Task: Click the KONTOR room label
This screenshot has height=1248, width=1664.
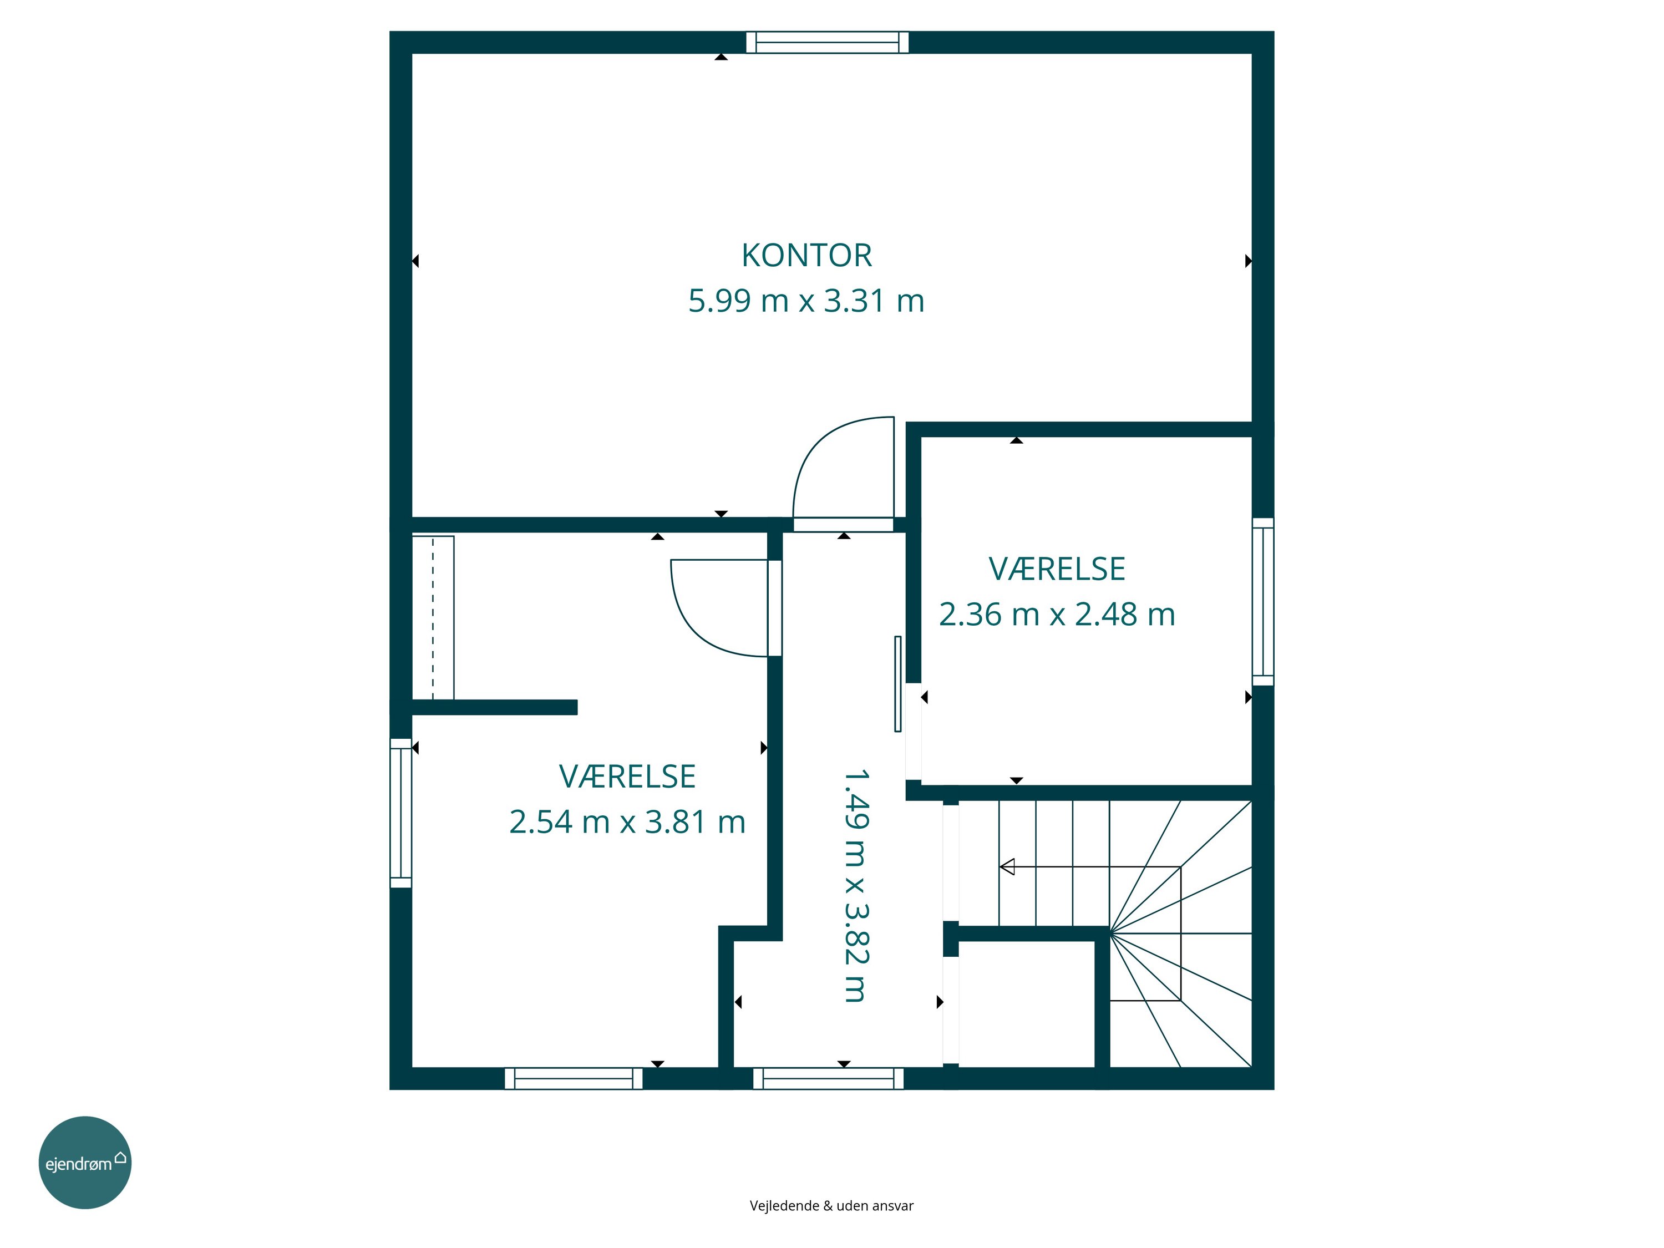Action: pyautogui.click(x=806, y=256)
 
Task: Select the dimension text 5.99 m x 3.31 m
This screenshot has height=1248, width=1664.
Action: pyautogui.click(x=806, y=301)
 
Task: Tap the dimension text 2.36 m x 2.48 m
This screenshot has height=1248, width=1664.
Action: pyautogui.click(x=1057, y=615)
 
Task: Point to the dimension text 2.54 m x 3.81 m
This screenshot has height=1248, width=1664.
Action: pyautogui.click(x=627, y=821)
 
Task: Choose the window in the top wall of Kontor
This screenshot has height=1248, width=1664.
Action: pyautogui.click(x=828, y=42)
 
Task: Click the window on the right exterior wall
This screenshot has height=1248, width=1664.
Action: pyautogui.click(x=1263, y=602)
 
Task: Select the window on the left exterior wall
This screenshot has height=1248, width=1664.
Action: pyautogui.click(x=401, y=813)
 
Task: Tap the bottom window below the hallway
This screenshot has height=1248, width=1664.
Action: pyautogui.click(x=828, y=1079)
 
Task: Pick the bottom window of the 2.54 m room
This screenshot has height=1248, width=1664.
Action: pyautogui.click(x=574, y=1079)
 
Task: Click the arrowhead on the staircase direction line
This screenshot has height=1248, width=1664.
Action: pyautogui.click(x=1007, y=866)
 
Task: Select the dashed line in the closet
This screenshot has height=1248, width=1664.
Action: pyautogui.click(x=433, y=617)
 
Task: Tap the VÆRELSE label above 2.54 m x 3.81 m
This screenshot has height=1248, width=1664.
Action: pyautogui.click(x=627, y=777)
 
